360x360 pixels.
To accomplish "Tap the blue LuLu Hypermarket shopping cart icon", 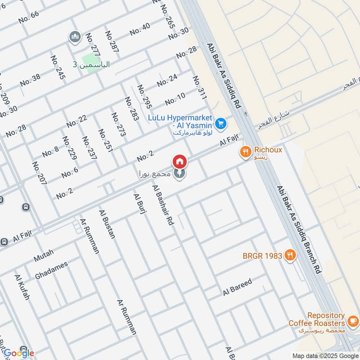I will pyautogui.click(x=220, y=123).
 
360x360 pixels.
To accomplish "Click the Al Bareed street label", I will pyautogui.click(x=237, y=287).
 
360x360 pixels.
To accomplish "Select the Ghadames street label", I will pyautogui.click(x=51, y=270).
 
